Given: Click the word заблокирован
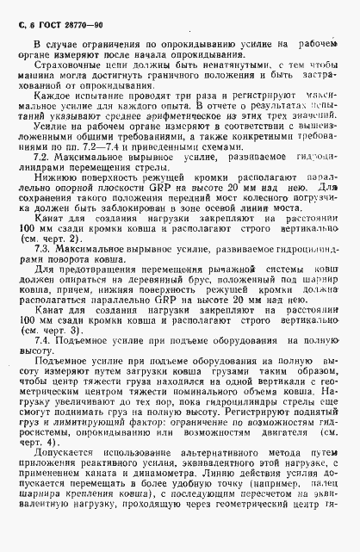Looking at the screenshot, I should (147, 209).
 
